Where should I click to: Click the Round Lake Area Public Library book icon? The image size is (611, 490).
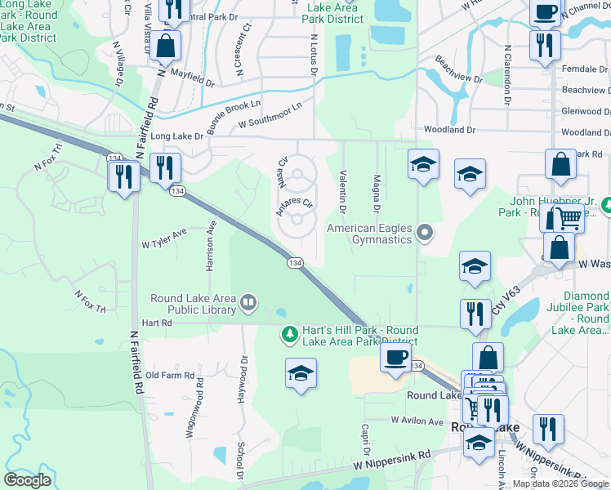pyautogui.click(x=248, y=305)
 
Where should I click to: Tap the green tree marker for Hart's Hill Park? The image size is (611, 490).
pyautogui.click(x=288, y=334)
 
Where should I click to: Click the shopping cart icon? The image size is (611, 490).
pyautogui.click(x=569, y=217)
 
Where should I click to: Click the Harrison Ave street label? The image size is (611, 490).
pyautogui.click(x=210, y=245)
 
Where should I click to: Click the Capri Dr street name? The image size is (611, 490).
pyautogui.click(x=368, y=441)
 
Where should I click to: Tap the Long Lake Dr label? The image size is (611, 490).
pyautogui.click(x=177, y=137)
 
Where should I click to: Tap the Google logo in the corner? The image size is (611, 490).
pyautogui.click(x=29, y=479)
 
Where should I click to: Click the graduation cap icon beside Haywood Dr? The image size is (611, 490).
pyautogui.click(x=301, y=373)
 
